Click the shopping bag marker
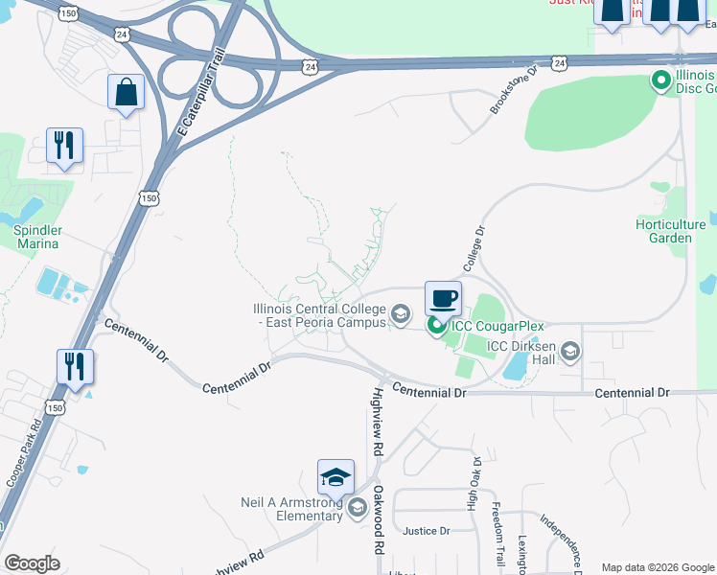(x=126, y=93)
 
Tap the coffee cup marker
(x=443, y=299)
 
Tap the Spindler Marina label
(x=37, y=237)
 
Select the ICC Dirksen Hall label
(x=522, y=353)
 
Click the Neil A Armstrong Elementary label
(x=291, y=509)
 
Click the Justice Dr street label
(x=427, y=531)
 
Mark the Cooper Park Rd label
(x=21, y=449)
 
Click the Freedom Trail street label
(x=497, y=534)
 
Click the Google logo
(x=33, y=563)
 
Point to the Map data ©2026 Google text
(x=657, y=567)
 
